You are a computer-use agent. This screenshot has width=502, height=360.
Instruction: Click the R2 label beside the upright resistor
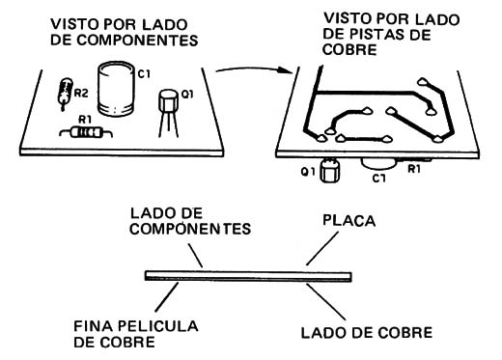tap(81, 94)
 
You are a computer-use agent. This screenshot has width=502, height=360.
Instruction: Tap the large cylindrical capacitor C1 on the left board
tap(116, 89)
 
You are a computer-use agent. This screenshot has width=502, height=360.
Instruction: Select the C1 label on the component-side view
tap(144, 74)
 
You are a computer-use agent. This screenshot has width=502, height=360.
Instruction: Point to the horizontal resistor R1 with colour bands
tap(86, 132)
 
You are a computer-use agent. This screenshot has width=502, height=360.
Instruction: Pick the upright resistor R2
tap(65, 94)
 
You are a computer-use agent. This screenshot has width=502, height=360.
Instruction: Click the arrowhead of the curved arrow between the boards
tap(285, 70)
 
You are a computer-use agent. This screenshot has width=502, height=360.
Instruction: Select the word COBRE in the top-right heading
tap(349, 50)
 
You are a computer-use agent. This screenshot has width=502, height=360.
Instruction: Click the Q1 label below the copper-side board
tap(308, 172)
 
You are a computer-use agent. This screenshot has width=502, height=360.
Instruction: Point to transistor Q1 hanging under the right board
tap(329, 170)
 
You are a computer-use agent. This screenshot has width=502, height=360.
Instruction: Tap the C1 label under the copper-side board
tap(378, 178)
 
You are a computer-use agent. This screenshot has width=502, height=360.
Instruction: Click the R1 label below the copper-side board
tap(414, 169)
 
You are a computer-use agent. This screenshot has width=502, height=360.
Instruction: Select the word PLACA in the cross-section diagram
tap(349, 221)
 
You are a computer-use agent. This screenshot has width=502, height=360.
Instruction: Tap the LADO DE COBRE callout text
tap(367, 333)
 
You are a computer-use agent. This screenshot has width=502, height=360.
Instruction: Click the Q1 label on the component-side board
tap(187, 95)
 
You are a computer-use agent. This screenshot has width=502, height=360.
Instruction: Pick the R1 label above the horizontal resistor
tap(85, 120)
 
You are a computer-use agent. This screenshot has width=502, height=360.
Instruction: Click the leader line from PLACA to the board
tap(322, 248)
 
